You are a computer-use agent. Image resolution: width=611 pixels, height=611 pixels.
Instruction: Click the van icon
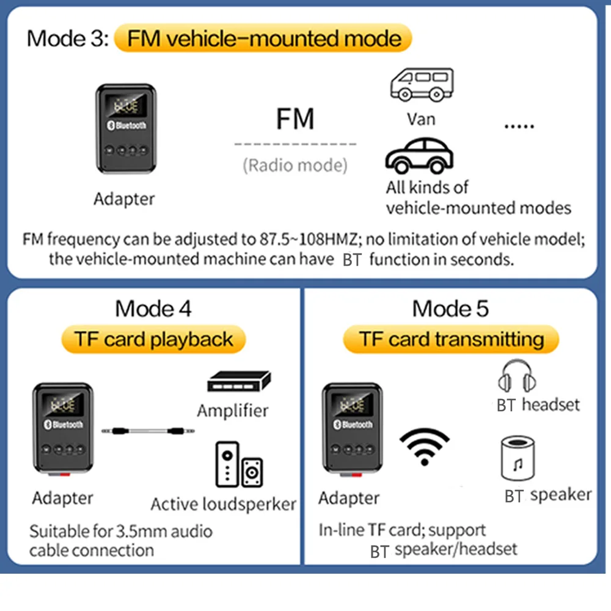[421, 85]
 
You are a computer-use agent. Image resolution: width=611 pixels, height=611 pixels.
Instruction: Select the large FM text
[295, 119]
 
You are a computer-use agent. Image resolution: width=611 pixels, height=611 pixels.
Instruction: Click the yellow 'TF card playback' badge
[153, 340]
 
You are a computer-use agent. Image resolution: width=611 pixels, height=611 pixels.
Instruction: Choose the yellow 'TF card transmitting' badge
[451, 340]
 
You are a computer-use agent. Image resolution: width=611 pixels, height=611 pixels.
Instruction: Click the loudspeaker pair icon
[239, 467]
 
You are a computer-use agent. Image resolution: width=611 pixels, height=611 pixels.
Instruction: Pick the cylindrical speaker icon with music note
[517, 458]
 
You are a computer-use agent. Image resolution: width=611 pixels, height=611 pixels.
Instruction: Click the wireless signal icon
[424, 445]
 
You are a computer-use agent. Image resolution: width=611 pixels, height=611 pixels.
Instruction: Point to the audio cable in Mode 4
[148, 431]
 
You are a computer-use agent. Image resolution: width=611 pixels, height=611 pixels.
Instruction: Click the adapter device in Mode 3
[123, 128]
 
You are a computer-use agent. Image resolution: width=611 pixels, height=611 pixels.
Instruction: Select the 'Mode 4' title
[153, 309]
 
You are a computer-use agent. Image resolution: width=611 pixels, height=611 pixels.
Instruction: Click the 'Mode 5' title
[450, 309]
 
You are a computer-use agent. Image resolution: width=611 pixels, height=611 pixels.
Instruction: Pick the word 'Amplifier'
[233, 410]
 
